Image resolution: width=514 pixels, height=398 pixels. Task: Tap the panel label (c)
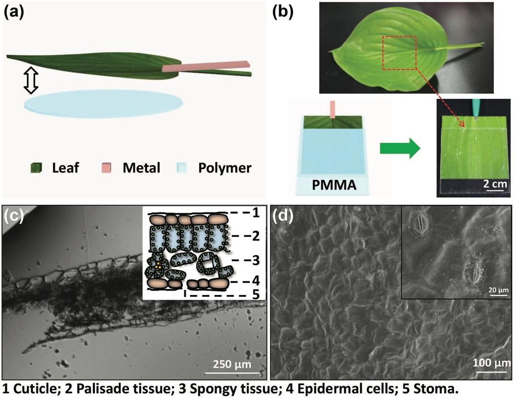coord(13,216)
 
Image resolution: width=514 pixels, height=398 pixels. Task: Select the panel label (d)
coord(282,216)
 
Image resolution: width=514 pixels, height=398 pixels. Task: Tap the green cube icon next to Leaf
coord(36,168)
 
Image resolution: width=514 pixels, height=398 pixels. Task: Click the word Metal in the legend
coord(142,168)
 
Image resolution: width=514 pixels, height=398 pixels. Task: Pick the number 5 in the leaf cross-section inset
coord(255,294)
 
